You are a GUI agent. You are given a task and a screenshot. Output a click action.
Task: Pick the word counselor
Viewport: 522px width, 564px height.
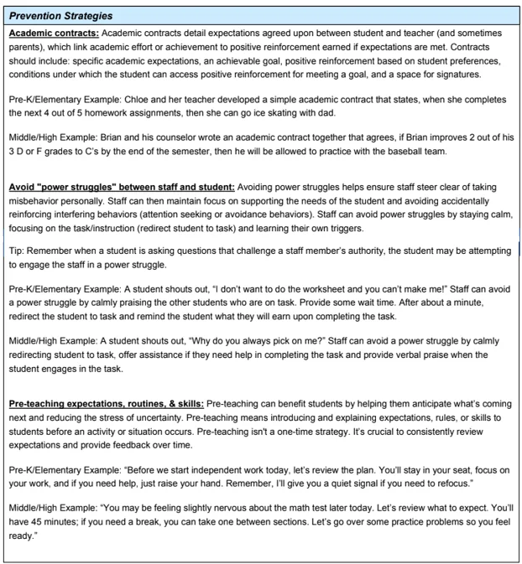[185, 160]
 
